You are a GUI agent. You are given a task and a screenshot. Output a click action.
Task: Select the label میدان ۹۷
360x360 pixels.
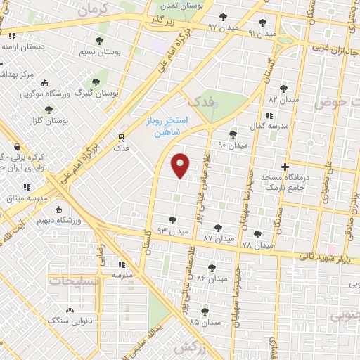pyautogui.click(x=223, y=26)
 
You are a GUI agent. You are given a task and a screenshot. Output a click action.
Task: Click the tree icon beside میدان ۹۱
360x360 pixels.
pyautogui.click(x=262, y=22)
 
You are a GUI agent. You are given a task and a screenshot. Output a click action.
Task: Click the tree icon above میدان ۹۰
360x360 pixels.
pyautogui.click(x=233, y=134)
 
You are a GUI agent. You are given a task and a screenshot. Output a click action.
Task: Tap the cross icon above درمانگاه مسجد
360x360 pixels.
pyautogui.click(x=284, y=167)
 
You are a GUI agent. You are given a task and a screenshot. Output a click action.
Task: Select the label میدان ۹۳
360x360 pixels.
pyautogui.click(x=172, y=231)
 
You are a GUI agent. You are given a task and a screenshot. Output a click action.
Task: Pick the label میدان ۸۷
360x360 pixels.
pyautogui.click(x=218, y=238)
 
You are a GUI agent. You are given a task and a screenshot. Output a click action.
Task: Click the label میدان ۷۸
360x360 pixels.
pyautogui.click(x=257, y=245)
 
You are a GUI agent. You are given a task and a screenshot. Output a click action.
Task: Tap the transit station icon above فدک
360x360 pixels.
pyautogui.click(x=121, y=138)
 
